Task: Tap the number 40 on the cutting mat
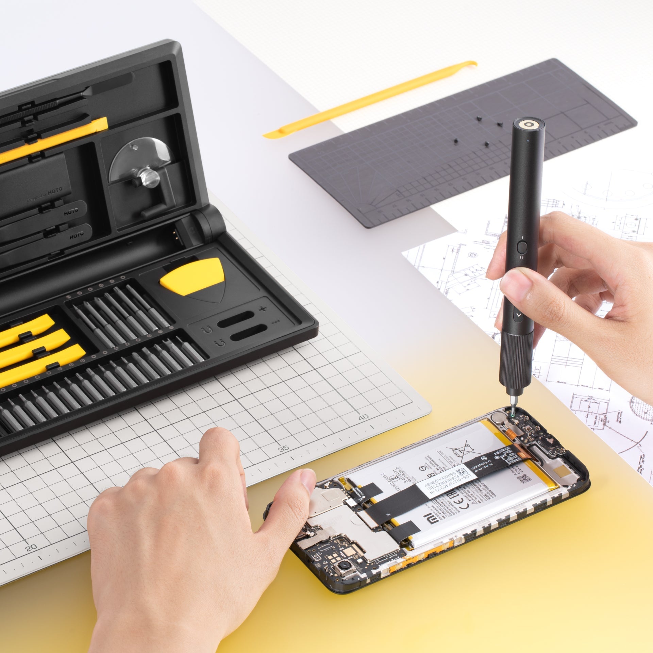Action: click(364, 417)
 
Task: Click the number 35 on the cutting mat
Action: click(284, 448)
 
